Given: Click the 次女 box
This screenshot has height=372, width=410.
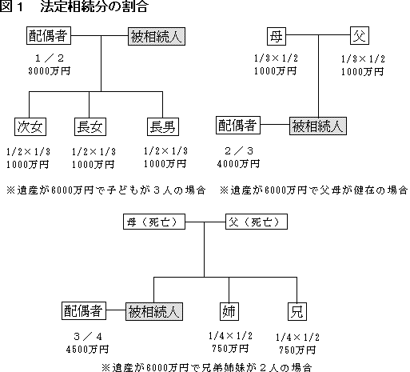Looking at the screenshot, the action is click(x=30, y=126).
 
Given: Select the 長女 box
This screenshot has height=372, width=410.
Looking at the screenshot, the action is click(x=90, y=126).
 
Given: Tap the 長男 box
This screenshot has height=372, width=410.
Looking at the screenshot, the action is click(x=163, y=126).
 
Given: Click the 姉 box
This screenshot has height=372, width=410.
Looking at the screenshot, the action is click(x=229, y=311).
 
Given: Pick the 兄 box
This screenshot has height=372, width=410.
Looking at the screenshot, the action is click(x=297, y=311).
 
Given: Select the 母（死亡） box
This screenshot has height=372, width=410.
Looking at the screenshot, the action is click(x=154, y=222).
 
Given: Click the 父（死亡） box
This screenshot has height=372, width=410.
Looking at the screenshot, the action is click(x=257, y=222).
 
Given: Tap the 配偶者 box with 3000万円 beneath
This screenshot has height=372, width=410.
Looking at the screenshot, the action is click(x=49, y=35).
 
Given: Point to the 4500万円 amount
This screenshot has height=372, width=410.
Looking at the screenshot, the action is click(x=87, y=350).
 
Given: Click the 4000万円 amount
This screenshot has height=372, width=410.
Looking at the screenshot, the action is click(x=238, y=164).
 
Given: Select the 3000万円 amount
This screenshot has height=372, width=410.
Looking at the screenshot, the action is click(x=50, y=71).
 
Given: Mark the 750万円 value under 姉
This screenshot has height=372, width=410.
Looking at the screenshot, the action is click(x=230, y=348).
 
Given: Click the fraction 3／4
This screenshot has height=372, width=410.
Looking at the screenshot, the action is click(x=88, y=337).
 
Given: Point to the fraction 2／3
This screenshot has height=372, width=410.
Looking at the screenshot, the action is click(x=239, y=151).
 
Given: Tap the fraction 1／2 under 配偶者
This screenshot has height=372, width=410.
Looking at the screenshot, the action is click(x=50, y=58).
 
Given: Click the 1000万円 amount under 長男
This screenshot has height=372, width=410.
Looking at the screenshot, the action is click(x=165, y=164).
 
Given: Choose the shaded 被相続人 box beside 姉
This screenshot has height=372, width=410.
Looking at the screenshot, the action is click(x=154, y=311).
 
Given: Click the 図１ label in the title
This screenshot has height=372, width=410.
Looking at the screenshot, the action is click(x=12, y=6).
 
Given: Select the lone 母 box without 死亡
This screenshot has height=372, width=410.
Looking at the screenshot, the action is click(x=277, y=36).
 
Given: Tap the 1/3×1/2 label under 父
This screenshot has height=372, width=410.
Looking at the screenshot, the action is click(x=364, y=59).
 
